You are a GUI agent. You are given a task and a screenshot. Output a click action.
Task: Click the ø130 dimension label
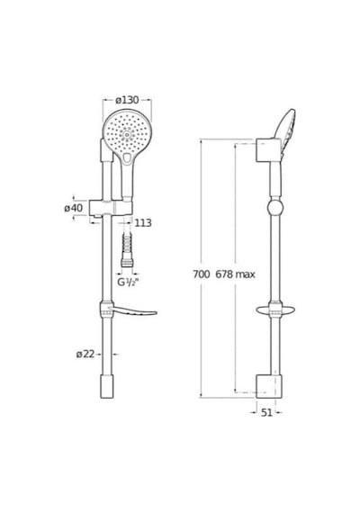coord(127,100)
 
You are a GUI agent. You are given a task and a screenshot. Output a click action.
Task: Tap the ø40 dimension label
coord(74,208)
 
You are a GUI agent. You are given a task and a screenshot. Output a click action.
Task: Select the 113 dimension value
coord(143,223)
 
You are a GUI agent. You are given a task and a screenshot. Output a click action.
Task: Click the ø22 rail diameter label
coord(85,354)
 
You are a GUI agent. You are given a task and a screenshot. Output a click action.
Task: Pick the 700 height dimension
coord(201,274)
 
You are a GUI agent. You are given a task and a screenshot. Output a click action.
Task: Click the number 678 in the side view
coord(224,274)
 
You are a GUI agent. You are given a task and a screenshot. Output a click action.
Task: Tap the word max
coord(245,274)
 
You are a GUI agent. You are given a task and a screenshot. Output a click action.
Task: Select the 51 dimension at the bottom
coord(266,413)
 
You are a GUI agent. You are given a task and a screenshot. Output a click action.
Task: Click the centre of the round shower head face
coord(127,133)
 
